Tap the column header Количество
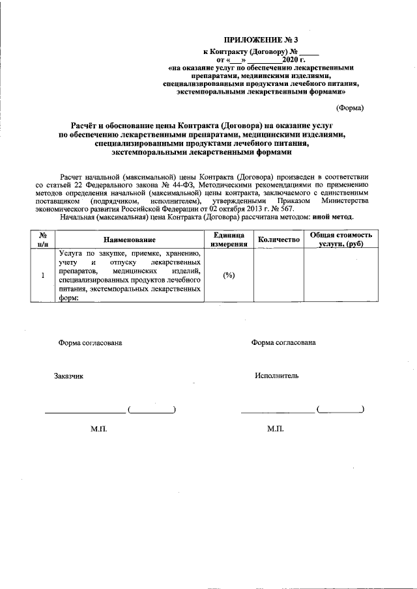tap(278, 240)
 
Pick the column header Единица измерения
tap(228, 240)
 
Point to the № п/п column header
tap(42, 240)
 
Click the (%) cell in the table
tap(228, 275)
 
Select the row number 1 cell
tap(42, 275)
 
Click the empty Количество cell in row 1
tap(278, 275)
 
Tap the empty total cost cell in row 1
tap(341, 275)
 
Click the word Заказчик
tap(69, 376)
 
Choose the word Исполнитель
tap(277, 376)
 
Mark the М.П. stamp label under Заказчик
tap(99, 430)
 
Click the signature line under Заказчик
tap(85, 412)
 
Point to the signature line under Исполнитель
tap(277, 412)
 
